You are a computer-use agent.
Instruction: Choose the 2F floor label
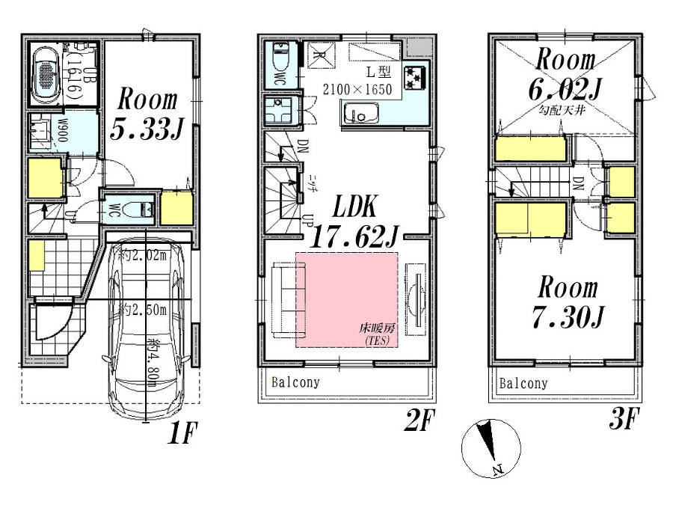(x=420, y=423)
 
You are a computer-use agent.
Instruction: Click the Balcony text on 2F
(x=295, y=382)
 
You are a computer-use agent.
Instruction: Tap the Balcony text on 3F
(x=523, y=383)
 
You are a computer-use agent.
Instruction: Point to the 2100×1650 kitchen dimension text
(x=357, y=89)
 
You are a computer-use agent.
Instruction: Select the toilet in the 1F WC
(x=137, y=209)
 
